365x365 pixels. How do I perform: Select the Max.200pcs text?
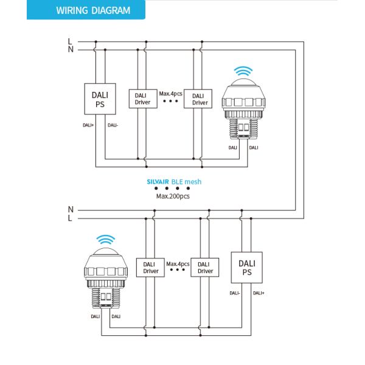tap(173, 196)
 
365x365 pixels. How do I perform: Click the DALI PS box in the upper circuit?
tap(100, 99)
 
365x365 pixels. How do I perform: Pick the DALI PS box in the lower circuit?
tap(247, 268)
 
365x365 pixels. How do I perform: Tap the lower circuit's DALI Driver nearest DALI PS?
tap(206, 268)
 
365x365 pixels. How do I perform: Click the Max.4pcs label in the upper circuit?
tap(171, 94)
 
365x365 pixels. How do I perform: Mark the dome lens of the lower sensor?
tap(106, 252)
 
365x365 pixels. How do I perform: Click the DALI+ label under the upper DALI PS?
tap(88, 125)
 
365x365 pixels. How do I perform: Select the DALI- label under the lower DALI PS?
tap(235, 293)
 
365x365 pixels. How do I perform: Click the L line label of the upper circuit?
tap(71, 41)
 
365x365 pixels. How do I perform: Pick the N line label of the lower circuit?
tap(71, 209)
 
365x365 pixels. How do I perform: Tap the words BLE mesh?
tap(186, 181)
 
